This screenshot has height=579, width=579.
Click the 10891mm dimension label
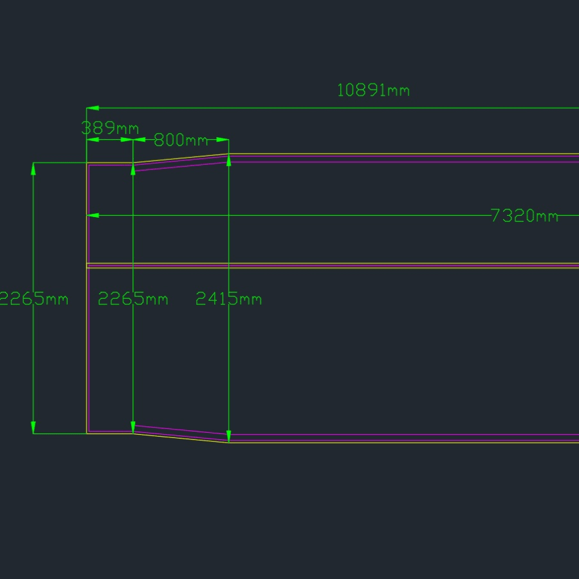coord(373,90)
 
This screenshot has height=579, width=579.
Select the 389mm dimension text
coord(110,128)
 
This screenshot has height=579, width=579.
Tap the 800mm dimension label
coord(181,140)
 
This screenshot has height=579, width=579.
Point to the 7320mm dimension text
coord(524,216)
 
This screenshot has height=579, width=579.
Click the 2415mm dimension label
coord(228,298)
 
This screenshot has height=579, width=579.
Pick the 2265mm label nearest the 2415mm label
coord(133,298)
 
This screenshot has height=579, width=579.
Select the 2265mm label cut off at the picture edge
coord(33,298)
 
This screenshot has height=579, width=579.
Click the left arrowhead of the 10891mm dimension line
coord(92,108)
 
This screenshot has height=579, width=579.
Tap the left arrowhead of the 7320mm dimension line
coord(92,215)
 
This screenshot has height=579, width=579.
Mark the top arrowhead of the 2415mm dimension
coord(229,160)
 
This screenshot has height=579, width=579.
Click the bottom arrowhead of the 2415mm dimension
coord(229,437)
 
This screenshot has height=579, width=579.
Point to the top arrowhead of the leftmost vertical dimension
coord(33,169)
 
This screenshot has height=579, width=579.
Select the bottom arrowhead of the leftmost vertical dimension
coord(33,428)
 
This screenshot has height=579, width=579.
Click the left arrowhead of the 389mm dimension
coord(92,140)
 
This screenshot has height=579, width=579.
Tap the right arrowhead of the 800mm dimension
coord(223,140)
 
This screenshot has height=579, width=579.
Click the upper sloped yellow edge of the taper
coord(181,158)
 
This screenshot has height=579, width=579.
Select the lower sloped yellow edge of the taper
coord(181,438)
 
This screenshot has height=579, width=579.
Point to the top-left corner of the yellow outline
coord(87,163)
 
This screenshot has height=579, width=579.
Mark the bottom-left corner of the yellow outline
coord(87,433)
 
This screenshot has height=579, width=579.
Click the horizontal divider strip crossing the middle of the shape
coord(333,265)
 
